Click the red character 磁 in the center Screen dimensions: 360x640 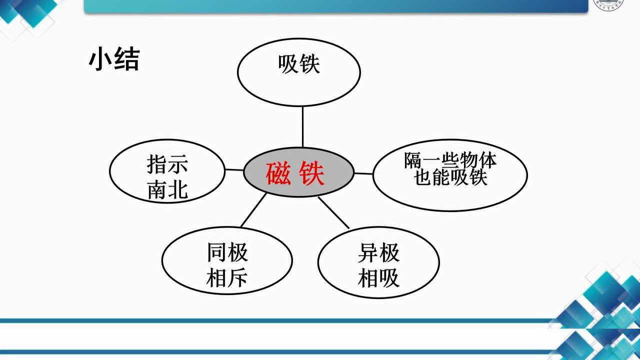pos(278,173)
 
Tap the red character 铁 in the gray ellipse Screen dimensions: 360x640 pos(312,173)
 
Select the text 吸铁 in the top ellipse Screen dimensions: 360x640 pos(298,64)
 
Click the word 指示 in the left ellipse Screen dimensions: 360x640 pos(167,163)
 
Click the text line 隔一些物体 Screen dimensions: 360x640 pos(450,160)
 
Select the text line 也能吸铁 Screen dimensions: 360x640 pos(450,177)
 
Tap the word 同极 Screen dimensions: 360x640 pos(227,252)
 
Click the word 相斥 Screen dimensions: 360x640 pos(227,278)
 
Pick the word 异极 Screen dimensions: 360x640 pos(378,253)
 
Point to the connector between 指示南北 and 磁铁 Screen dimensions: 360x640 pos(234,170)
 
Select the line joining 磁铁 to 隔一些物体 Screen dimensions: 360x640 pos(363,173)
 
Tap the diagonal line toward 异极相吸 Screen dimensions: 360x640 pos(333,212)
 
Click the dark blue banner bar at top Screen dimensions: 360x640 pos(335,5)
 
